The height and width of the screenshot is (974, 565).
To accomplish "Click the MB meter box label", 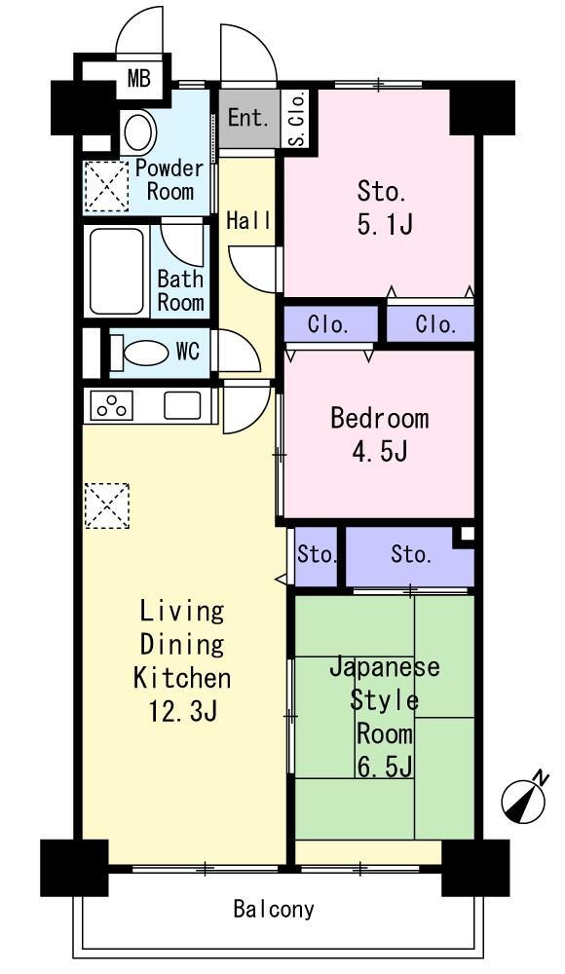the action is [138, 79].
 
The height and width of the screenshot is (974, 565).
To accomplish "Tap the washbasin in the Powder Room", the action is [137, 131].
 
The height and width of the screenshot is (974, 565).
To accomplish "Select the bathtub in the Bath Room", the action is [117, 271].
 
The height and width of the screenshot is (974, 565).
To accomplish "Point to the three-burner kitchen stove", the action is [112, 405].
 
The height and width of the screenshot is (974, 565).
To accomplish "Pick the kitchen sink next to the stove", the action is [182, 405].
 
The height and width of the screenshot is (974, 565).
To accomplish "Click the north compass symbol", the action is [523, 799].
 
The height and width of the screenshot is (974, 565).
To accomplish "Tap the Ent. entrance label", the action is [247, 118].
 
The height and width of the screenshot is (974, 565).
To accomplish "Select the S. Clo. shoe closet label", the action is [298, 119].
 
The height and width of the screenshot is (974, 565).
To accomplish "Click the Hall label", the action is [248, 220].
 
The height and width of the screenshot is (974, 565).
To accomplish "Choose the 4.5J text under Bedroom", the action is [379, 452].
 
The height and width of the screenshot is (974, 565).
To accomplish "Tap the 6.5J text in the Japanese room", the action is [385, 768].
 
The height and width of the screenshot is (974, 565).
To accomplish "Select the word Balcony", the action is [274, 910].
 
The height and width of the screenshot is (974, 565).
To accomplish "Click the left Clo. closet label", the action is [328, 324].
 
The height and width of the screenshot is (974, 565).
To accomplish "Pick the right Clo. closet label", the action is [435, 324].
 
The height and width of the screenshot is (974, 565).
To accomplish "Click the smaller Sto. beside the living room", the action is [317, 554].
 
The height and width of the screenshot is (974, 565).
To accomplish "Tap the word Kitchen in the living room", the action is [182, 678].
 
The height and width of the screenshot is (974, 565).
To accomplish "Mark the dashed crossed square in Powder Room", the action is [106, 185].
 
